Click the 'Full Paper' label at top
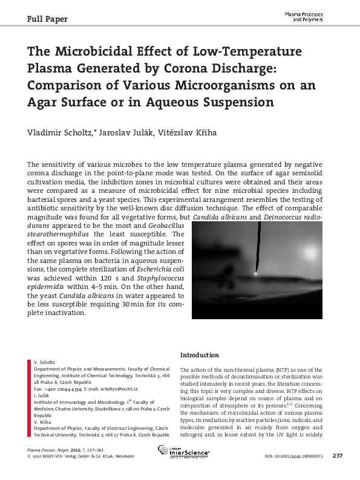[48, 19]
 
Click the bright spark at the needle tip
[255, 273]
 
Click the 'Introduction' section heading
[200, 355]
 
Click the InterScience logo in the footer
[184, 451]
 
